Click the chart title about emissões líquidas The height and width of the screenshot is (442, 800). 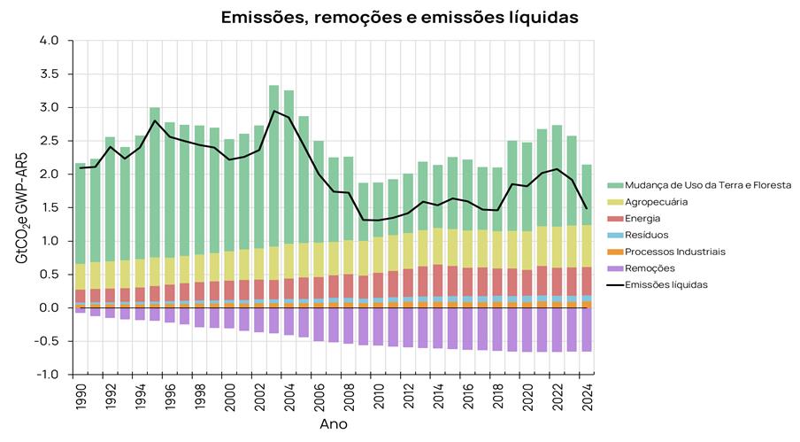(x=399, y=17)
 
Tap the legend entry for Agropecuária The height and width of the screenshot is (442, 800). (x=661, y=201)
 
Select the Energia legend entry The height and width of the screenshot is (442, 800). (x=642, y=218)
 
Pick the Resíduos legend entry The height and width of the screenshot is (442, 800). (x=647, y=235)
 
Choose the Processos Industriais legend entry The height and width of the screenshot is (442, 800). (x=675, y=252)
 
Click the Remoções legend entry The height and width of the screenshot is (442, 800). (x=650, y=268)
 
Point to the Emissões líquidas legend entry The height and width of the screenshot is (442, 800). (x=668, y=284)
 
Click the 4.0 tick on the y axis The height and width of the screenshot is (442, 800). (x=50, y=41)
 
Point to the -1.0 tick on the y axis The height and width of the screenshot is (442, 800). (x=48, y=375)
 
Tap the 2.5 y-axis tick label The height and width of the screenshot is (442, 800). (x=50, y=141)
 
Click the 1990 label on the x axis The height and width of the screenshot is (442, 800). (x=81, y=397)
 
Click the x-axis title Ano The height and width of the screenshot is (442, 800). (x=333, y=424)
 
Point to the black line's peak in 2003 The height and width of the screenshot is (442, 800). (x=273, y=111)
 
